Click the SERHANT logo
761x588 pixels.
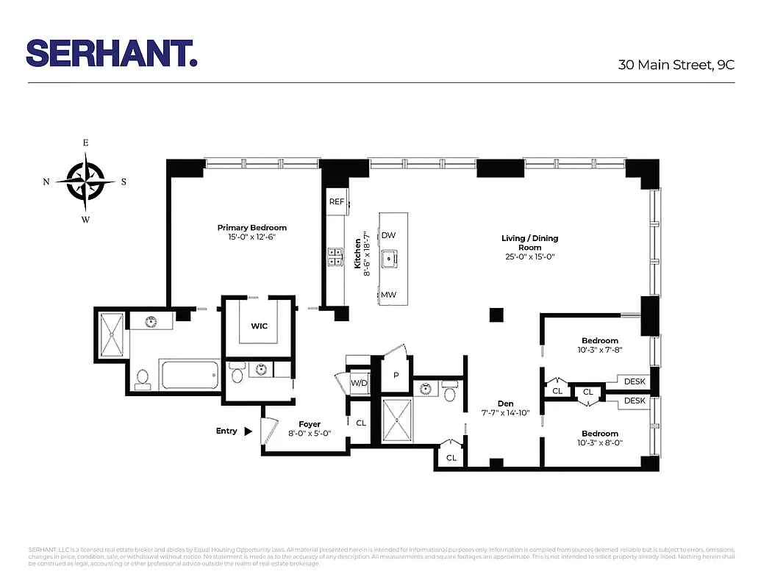[112, 53]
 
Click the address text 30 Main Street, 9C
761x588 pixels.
[676, 65]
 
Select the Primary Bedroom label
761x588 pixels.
[251, 228]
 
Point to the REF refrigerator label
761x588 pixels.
[337, 201]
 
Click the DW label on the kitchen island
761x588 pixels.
[389, 235]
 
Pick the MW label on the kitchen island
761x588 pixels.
[389, 295]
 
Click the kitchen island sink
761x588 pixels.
[389, 257]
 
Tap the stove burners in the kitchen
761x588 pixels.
[335, 256]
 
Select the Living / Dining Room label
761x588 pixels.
[529, 238]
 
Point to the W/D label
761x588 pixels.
[359, 383]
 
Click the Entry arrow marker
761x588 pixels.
[249, 431]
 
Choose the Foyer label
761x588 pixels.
[310, 424]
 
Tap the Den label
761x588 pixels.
[505, 404]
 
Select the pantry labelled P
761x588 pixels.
[396, 376]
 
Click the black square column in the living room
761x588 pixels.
[496, 315]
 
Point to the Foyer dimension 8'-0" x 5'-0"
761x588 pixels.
[310, 434]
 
